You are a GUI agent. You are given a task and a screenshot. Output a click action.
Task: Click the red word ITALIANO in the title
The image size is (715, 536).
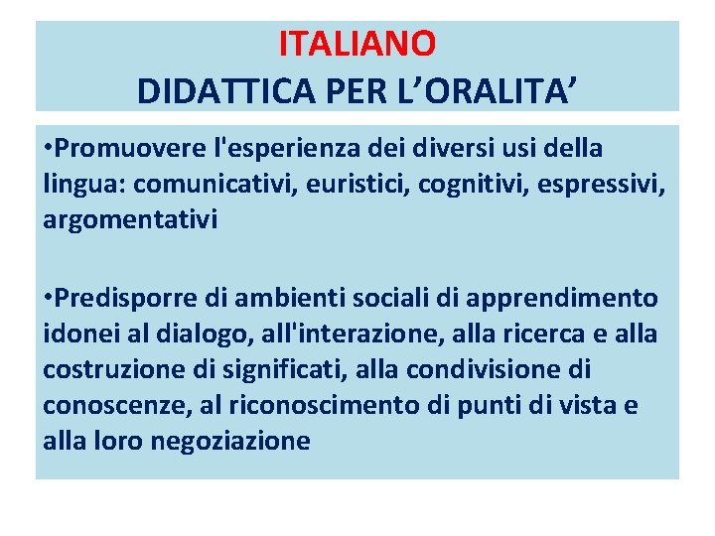pos(357,44)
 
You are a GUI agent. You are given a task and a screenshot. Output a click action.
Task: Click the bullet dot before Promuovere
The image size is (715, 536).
pos(49,149)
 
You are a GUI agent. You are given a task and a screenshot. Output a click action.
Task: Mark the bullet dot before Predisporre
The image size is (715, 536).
pos(49,298)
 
